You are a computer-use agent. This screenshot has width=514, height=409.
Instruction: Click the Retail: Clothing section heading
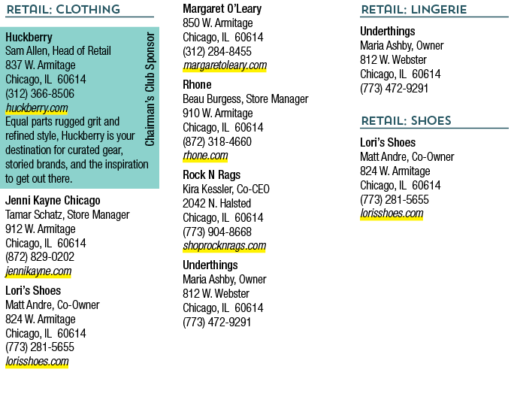tap(63, 10)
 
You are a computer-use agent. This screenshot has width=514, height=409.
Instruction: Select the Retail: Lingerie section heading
tap(414, 10)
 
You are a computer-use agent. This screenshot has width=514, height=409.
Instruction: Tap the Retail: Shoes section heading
tap(406, 121)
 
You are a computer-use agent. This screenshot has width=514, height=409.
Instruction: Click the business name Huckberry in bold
tap(29, 38)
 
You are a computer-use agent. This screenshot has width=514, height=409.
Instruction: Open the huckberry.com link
tap(37, 108)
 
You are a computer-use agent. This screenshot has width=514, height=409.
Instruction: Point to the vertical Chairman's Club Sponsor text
tap(150, 89)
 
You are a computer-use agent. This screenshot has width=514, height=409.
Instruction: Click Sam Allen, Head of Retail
tap(58, 51)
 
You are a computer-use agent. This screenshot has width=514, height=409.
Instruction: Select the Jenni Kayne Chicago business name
tap(53, 201)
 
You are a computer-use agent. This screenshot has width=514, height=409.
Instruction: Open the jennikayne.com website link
tap(38, 271)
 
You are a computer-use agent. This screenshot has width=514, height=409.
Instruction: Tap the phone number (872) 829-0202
tap(40, 257)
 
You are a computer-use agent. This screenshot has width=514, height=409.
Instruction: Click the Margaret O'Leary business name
tap(222, 9)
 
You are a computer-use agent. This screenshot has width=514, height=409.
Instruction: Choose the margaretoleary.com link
tap(225, 65)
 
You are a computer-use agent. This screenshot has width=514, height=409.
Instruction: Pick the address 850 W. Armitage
tap(218, 23)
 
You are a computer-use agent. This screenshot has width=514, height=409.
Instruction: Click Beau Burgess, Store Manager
tap(246, 99)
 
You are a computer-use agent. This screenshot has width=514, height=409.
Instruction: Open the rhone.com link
tap(205, 156)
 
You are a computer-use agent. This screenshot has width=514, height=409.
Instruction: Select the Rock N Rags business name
tap(212, 175)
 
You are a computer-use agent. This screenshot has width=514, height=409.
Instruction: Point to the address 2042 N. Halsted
tap(216, 203)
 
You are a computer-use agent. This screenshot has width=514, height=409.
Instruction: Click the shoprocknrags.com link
tap(225, 246)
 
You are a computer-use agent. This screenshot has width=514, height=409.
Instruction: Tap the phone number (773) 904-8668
tap(217, 232)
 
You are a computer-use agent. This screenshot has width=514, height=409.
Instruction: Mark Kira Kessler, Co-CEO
tap(226, 189)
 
